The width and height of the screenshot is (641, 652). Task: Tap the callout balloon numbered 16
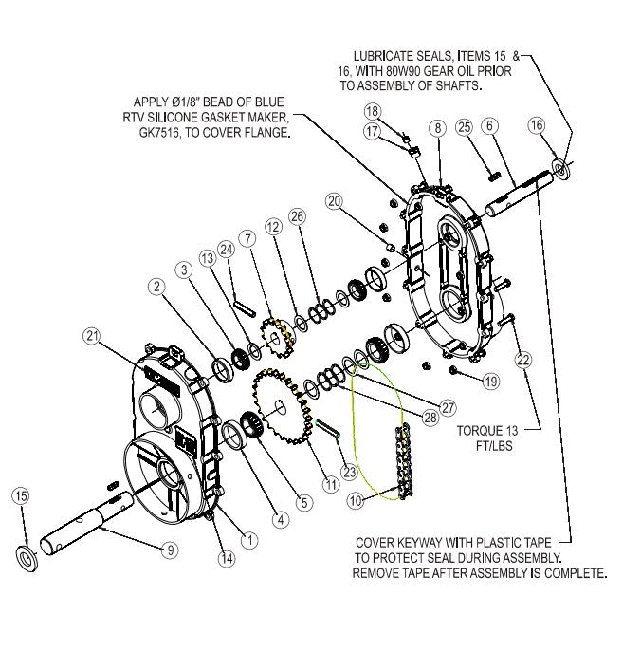(538, 125)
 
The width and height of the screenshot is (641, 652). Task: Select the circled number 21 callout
(91, 334)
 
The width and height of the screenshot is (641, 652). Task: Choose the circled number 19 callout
(490, 382)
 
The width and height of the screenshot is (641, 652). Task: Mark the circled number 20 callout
(334, 200)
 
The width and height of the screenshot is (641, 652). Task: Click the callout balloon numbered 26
(299, 216)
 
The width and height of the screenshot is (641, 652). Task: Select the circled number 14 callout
(227, 559)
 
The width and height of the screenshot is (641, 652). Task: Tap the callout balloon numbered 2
(154, 284)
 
